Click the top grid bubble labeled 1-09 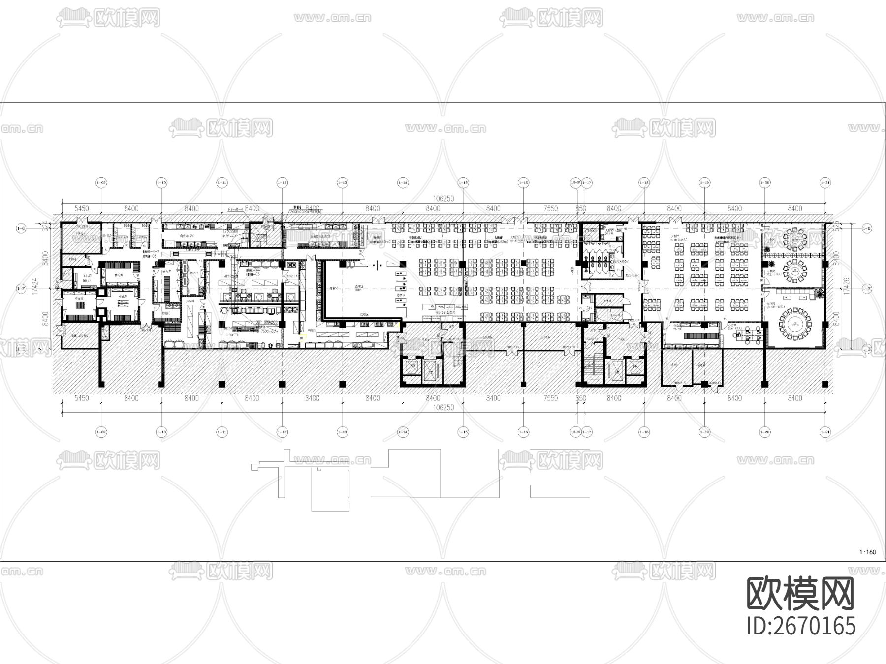coord(101,182)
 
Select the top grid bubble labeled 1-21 coord(825,182)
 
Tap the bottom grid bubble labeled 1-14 coord(403,432)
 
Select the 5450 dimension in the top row coord(81,208)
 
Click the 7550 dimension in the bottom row coord(550,398)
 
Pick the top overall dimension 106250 coord(443,199)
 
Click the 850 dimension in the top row coord(581,208)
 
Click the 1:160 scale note coord(867,552)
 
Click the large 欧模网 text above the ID coord(801,594)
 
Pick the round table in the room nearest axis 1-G coord(793,240)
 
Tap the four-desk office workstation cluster coord(749,334)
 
